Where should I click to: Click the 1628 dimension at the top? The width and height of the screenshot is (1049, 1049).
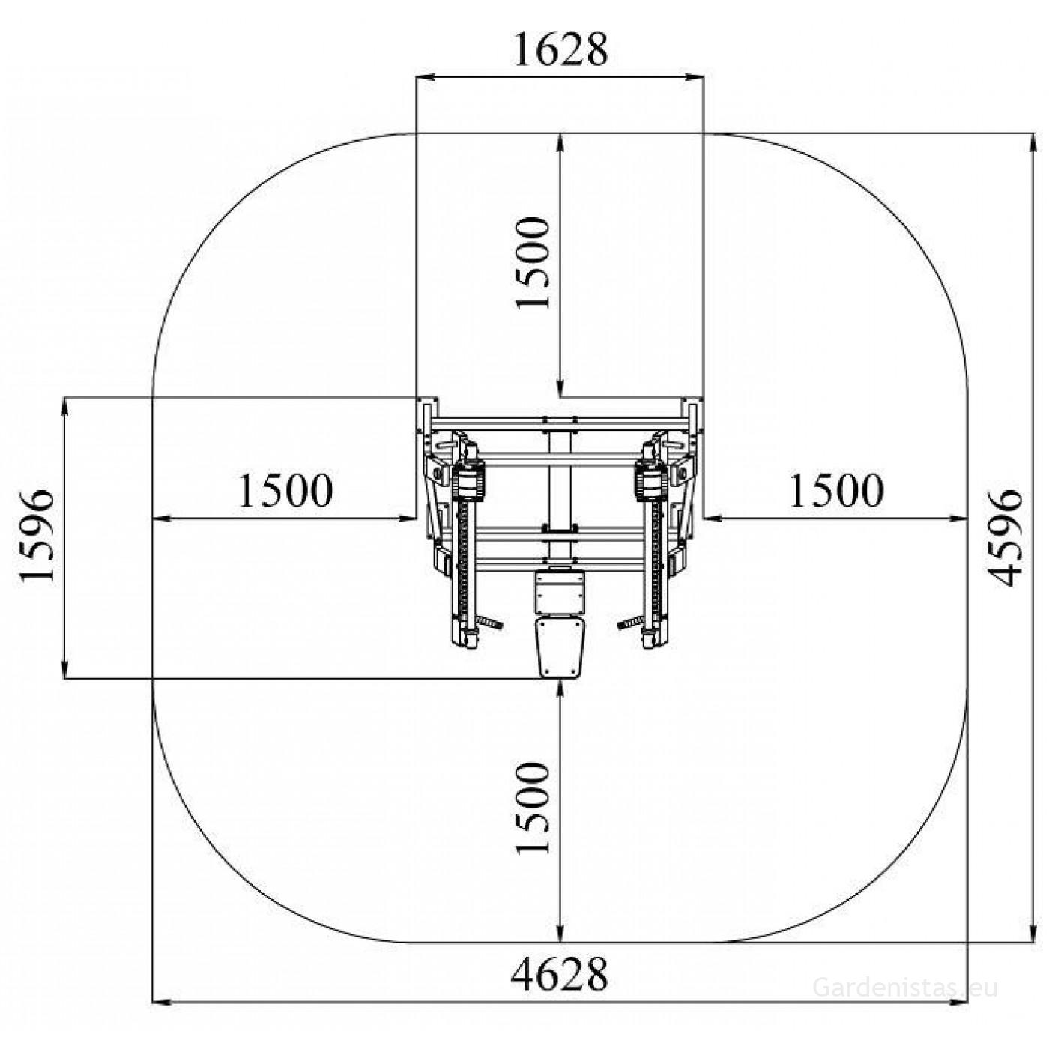[560, 49]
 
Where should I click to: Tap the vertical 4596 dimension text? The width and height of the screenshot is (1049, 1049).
[1004, 539]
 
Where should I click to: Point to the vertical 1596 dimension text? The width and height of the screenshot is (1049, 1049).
[37, 536]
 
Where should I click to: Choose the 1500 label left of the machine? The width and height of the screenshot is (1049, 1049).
[285, 491]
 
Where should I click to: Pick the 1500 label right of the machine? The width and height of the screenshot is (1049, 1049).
[837, 491]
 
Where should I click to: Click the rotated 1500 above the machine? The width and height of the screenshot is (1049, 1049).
[533, 263]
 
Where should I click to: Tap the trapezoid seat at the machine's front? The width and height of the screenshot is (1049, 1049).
[560, 646]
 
